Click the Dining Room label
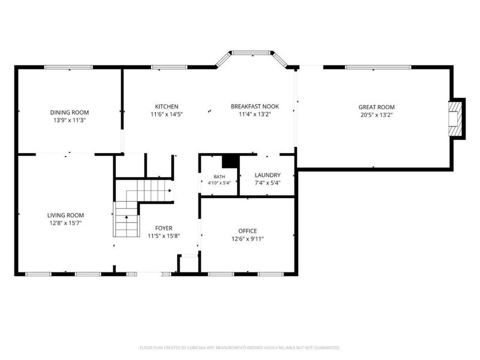(x=70, y=113)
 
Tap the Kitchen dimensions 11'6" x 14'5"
(x=167, y=115)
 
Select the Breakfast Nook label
(x=254, y=107)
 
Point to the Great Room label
(x=377, y=107)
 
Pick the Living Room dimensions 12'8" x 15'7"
(x=65, y=223)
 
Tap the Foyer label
(x=164, y=228)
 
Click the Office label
(x=248, y=231)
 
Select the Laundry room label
(x=268, y=175)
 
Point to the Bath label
(x=219, y=176)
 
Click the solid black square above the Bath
(x=230, y=161)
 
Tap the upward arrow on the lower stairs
(x=127, y=217)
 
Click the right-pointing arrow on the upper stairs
(x=170, y=190)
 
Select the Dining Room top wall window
(x=68, y=67)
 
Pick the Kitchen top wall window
(x=169, y=67)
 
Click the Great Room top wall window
(x=378, y=67)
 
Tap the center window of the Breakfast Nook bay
(x=251, y=53)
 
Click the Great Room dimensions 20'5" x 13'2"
(x=377, y=115)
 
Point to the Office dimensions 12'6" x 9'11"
(x=248, y=239)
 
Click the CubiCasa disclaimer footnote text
(x=239, y=348)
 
